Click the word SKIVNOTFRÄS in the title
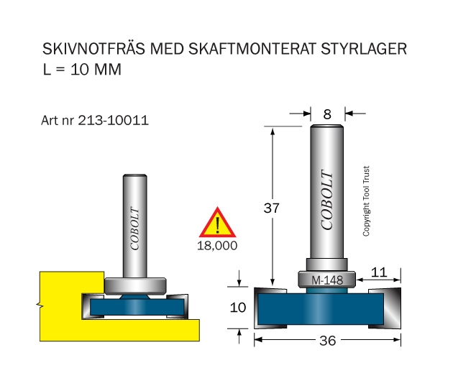(x=93, y=48)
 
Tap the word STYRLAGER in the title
(x=364, y=49)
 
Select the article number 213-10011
(x=114, y=120)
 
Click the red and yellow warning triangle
(x=217, y=222)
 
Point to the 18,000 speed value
(x=217, y=246)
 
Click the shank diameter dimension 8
(x=327, y=114)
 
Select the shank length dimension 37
(x=271, y=208)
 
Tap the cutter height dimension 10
(x=238, y=308)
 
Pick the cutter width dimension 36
(x=328, y=341)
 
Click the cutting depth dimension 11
(x=379, y=272)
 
